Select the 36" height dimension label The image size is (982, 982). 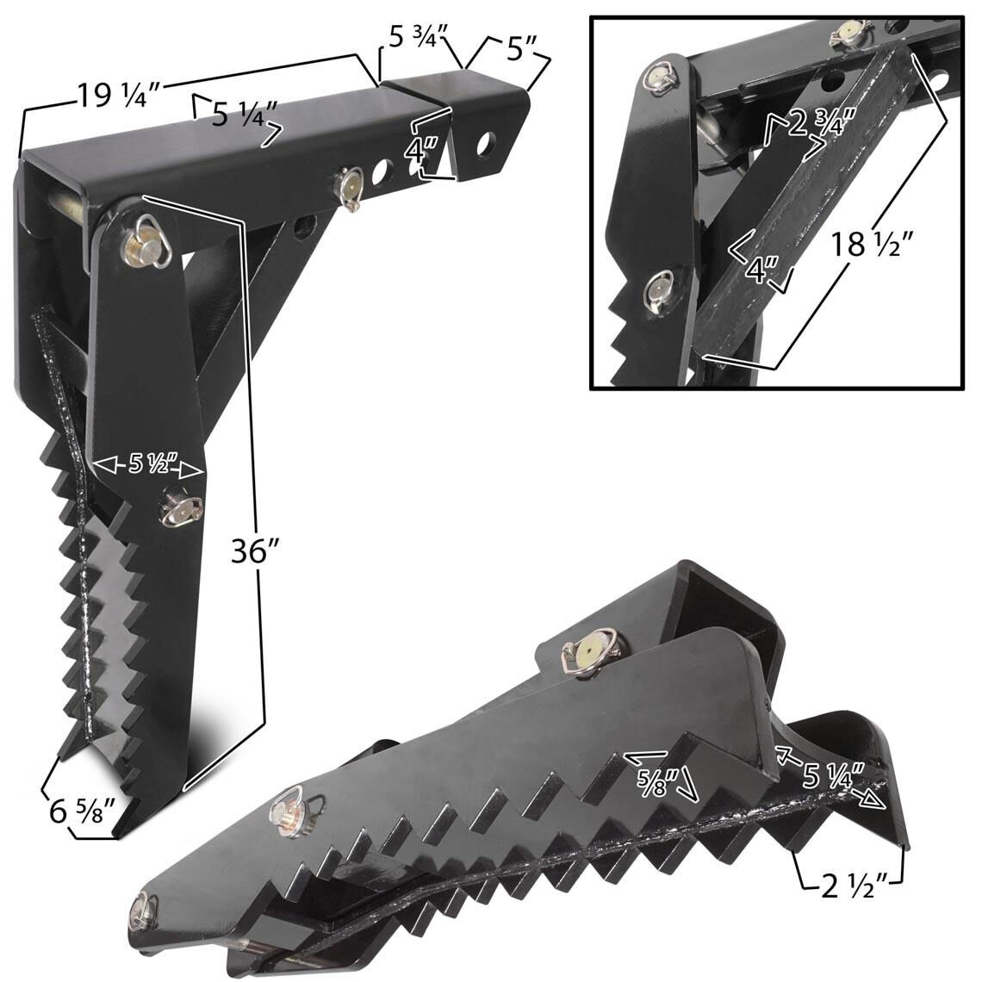tap(254, 552)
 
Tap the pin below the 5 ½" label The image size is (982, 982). tap(178, 509)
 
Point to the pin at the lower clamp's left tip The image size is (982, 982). tap(144, 911)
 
